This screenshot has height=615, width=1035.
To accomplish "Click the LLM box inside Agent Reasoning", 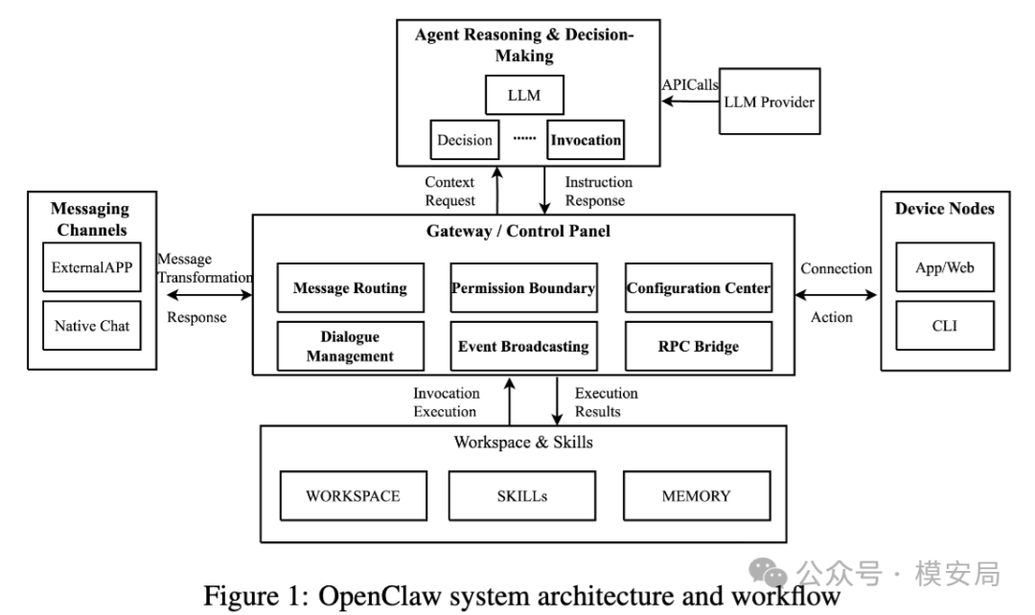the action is [524, 95].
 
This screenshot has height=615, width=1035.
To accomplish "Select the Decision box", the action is [464, 140].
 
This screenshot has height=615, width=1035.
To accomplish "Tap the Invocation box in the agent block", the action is [586, 140].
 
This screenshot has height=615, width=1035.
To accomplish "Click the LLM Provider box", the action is [770, 102].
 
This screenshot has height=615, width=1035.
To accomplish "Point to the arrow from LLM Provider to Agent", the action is [690, 102].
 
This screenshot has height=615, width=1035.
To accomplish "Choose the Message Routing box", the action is [351, 287].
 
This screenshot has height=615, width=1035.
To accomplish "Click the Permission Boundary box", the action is [523, 287].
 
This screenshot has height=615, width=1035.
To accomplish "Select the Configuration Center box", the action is [699, 287].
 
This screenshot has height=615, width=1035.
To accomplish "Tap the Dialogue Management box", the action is [351, 347].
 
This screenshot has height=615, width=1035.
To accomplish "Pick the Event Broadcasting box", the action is [523, 347].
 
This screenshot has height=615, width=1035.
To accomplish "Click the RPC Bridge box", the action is [699, 347].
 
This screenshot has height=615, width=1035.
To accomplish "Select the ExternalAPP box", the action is [92, 267].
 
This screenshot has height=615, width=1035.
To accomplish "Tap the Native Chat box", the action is [92, 326].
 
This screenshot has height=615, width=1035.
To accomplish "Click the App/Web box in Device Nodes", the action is [945, 267].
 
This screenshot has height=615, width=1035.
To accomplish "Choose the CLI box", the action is [945, 326].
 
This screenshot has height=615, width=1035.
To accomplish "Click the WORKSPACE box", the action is [353, 496].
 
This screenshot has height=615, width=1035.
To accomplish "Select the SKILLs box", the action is [522, 496].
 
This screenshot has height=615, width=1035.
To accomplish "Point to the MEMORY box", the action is [697, 496].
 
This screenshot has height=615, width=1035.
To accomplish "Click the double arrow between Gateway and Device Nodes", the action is [837, 295].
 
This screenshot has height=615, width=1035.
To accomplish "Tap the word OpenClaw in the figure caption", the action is [379, 596].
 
